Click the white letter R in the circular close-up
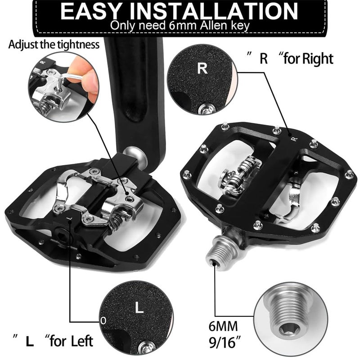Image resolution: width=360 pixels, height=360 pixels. click(x=202, y=69)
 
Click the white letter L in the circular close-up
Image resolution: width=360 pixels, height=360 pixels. click(x=139, y=308)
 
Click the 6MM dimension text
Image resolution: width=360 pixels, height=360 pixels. click(x=229, y=325)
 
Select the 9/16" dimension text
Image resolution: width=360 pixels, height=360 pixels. click(x=229, y=341)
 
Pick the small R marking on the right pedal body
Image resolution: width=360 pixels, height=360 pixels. click(x=293, y=139)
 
